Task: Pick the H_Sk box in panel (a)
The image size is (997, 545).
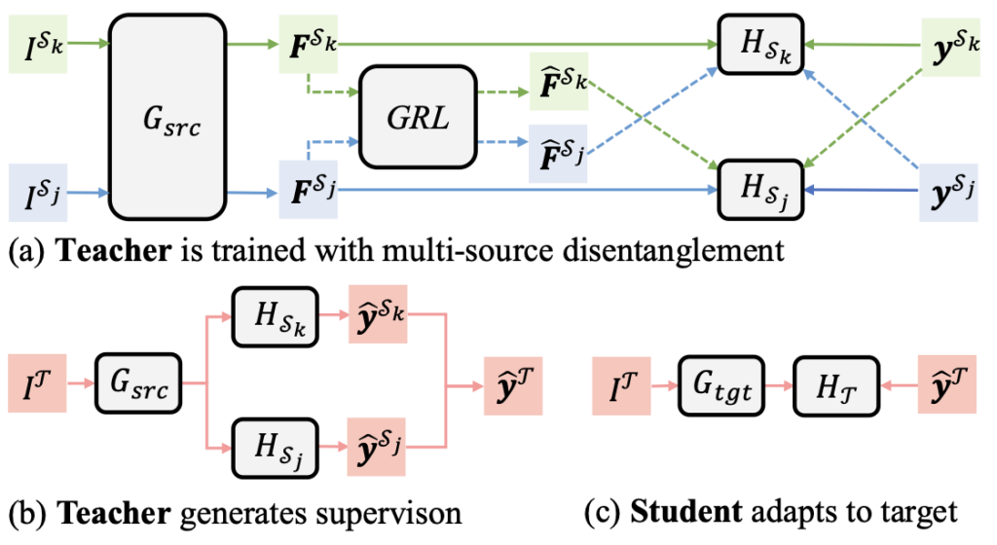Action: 759,44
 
